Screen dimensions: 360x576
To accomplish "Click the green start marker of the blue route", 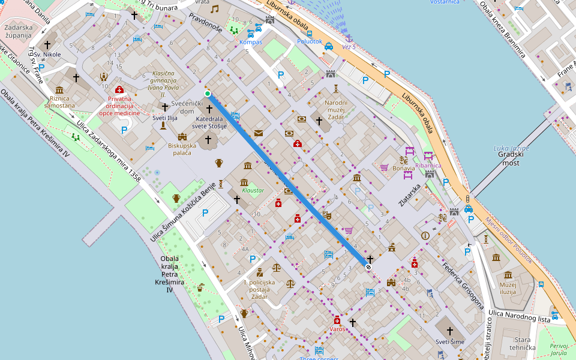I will click(208, 94).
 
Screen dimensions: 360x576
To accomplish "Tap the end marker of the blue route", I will click(368, 266).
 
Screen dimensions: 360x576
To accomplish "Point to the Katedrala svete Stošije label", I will click(208, 122).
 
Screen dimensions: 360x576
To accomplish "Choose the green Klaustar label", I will click(253, 190).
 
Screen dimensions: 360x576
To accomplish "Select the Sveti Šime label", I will click(450, 341).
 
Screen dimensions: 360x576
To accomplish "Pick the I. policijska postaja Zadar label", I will click(259, 289).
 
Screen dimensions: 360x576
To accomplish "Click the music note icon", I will click(215, 9).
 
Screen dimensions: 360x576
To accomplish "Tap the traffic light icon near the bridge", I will click(467, 199).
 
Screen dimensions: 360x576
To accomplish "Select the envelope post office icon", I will click(259, 133).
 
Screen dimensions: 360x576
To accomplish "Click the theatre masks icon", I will click(327, 214).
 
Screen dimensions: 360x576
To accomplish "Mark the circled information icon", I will click(426, 236).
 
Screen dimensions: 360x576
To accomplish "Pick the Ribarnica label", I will click(428, 166).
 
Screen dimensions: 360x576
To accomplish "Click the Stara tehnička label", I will click(518, 343).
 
